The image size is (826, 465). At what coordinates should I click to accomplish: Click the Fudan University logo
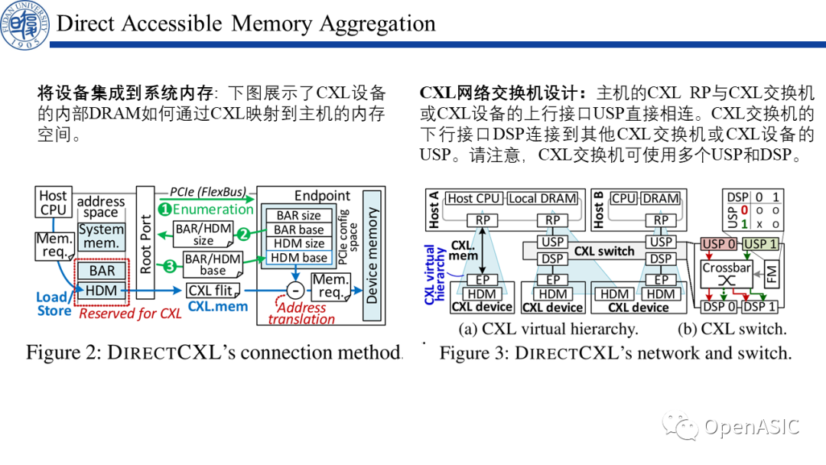coord(25,24)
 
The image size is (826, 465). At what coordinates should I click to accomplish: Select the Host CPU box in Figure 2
coord(54,203)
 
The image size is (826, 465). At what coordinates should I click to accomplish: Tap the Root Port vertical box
coord(146,244)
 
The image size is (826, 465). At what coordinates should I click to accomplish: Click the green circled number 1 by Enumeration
coord(164,209)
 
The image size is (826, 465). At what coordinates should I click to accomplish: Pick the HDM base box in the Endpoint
coord(299,258)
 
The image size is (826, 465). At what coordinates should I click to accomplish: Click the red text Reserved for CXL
coord(130,313)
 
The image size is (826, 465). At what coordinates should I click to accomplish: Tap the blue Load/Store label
coord(54,304)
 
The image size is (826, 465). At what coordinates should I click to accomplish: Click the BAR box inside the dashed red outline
coord(102,270)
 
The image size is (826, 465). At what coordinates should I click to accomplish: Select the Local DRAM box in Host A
coord(542,198)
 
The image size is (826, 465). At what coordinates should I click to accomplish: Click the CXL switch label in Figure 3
coord(604,251)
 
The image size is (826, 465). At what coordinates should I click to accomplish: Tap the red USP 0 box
coord(718,245)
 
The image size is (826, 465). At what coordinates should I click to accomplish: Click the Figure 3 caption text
coord(616,353)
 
